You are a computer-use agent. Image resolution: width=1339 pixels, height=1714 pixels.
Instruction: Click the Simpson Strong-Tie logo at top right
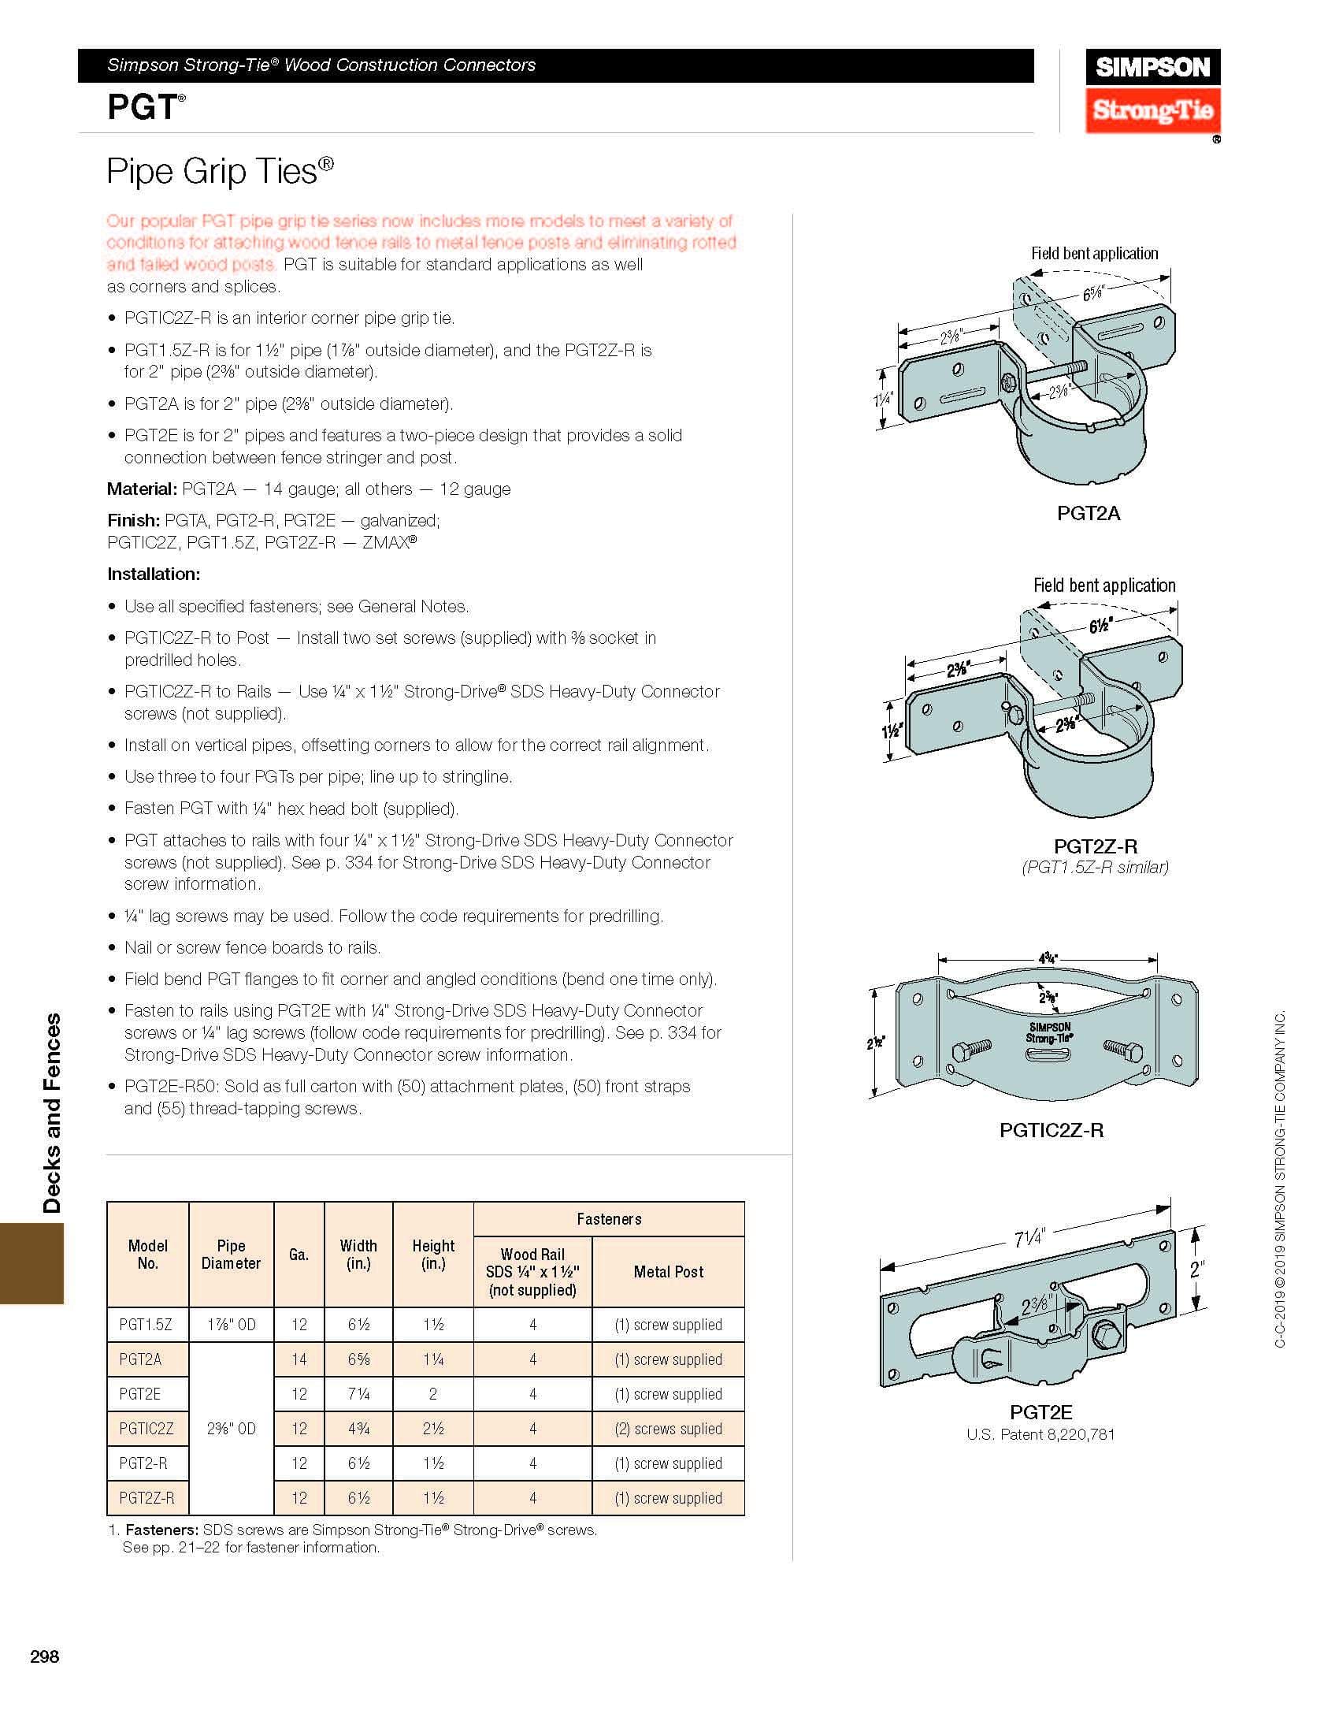(x=1152, y=91)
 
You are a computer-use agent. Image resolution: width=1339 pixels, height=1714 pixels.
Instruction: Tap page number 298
(x=45, y=1656)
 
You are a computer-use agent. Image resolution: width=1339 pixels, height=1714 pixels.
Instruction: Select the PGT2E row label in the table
(x=140, y=1393)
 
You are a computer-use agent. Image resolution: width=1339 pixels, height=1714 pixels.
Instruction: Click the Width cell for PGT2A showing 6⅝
(x=358, y=1359)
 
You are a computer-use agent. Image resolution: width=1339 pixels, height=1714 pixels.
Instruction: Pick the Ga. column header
(x=299, y=1255)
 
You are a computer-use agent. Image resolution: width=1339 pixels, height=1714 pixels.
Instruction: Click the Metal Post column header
(x=668, y=1271)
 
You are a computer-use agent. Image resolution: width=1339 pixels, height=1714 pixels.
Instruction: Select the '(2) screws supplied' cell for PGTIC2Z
(x=668, y=1428)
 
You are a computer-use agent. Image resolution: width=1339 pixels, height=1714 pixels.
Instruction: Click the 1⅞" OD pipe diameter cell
(x=231, y=1324)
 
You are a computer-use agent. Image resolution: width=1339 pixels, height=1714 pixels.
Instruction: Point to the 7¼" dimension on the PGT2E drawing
(x=1029, y=1239)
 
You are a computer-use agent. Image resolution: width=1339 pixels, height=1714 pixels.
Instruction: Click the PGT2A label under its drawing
(x=1088, y=513)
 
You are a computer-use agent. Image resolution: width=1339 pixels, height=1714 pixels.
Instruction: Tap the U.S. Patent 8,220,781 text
(x=1040, y=1434)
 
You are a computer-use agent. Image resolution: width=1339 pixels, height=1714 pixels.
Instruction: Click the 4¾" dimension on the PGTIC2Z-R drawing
(x=1048, y=959)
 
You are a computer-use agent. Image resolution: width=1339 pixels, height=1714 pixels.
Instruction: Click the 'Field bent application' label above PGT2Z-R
(x=1104, y=585)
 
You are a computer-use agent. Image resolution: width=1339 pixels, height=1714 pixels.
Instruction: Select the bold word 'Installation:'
(x=154, y=574)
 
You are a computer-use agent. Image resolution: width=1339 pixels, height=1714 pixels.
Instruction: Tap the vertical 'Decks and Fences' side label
(x=52, y=1113)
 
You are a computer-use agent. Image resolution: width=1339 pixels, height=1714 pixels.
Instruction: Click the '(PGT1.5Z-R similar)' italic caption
(x=1095, y=867)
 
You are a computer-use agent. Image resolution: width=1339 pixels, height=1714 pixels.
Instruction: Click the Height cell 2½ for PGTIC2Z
(x=432, y=1428)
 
